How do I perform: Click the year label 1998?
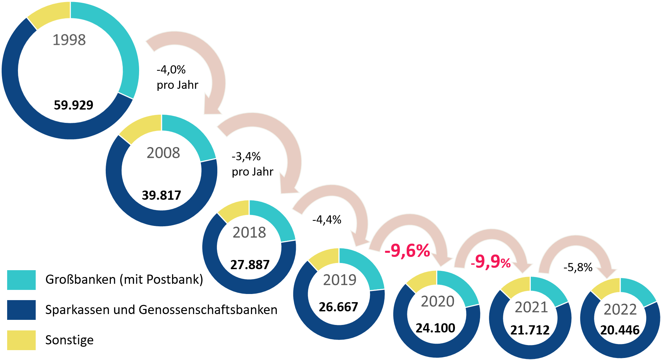[69, 40]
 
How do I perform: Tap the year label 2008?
[163, 153]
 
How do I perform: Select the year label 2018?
[249, 232]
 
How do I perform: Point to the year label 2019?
[339, 280]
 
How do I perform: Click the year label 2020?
[438, 301]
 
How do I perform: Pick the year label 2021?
[531, 307]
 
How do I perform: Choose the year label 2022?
[620, 310]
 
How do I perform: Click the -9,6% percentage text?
[407, 251]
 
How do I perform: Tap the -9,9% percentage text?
[491, 262]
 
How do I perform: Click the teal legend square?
[21, 280]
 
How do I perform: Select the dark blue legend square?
[21, 310]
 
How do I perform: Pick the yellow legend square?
[21, 340]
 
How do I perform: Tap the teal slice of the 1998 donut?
[116, 37]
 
